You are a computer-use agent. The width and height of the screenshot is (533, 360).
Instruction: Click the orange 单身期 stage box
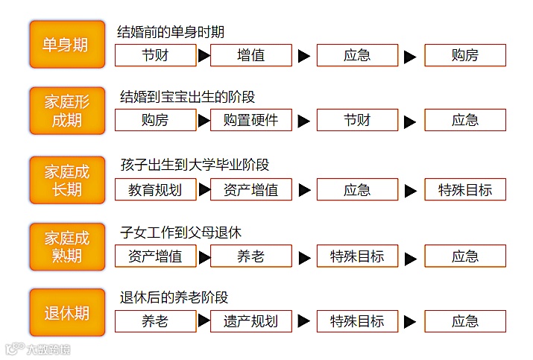click(66, 45)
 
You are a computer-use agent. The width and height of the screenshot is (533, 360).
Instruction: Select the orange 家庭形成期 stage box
click(66, 111)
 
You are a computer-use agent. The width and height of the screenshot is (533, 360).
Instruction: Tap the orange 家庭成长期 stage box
click(66, 180)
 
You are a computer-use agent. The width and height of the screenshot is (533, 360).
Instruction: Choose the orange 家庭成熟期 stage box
click(66, 247)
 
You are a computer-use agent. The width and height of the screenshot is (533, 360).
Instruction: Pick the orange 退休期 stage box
click(66, 312)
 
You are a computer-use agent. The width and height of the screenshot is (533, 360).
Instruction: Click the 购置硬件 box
click(250, 120)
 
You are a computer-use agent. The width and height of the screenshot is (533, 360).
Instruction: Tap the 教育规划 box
click(155, 189)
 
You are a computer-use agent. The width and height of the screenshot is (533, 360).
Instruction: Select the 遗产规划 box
click(250, 321)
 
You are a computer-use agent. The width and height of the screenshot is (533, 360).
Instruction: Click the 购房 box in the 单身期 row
click(465, 55)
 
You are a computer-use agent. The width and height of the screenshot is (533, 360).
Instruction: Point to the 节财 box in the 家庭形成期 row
click(357, 120)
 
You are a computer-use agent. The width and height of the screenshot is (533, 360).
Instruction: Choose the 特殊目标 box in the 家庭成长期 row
click(465, 189)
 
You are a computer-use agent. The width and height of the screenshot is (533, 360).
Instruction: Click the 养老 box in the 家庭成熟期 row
click(250, 256)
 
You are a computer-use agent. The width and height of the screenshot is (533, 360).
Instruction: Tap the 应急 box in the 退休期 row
click(465, 321)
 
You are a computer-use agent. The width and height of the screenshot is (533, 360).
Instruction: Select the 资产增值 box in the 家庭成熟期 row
click(155, 256)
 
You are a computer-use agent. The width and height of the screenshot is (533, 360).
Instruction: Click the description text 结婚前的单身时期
click(171, 32)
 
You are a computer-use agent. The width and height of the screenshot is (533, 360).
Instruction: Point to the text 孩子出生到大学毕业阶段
click(195, 165)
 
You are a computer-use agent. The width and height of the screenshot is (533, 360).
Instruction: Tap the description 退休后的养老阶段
click(174, 297)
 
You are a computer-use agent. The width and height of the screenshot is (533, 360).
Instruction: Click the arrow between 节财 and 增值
click(203, 55)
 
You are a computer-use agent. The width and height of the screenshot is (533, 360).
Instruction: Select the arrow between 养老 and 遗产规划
click(204, 321)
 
